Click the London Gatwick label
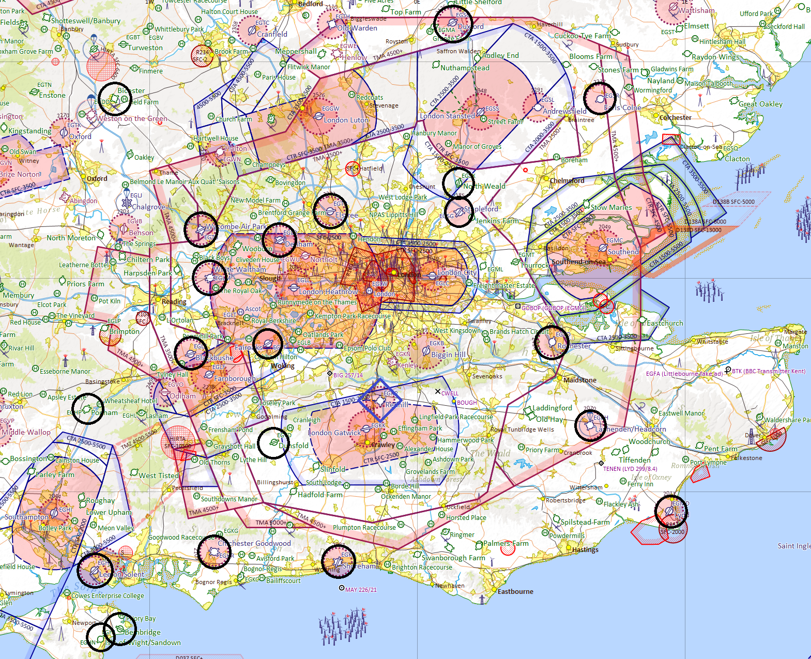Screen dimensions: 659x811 pos(334,433)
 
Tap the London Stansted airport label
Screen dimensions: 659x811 pos(447,116)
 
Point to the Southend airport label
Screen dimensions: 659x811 pos(623,252)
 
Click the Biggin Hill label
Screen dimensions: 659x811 pos(448,355)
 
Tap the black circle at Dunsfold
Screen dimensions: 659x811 pos(273,443)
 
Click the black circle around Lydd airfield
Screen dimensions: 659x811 pos(671,512)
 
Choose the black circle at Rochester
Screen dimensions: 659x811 pos(552,342)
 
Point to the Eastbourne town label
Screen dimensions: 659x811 pos(515,591)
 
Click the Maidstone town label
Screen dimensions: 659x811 pos(580,380)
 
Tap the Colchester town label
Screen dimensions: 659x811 pos(675,117)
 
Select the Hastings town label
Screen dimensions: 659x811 pos(585,549)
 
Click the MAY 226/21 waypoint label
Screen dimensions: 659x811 pos(361,590)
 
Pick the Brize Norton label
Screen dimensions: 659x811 pos(20,174)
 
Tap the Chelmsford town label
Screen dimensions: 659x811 pos(567,180)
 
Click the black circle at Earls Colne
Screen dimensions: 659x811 pos(600,98)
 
